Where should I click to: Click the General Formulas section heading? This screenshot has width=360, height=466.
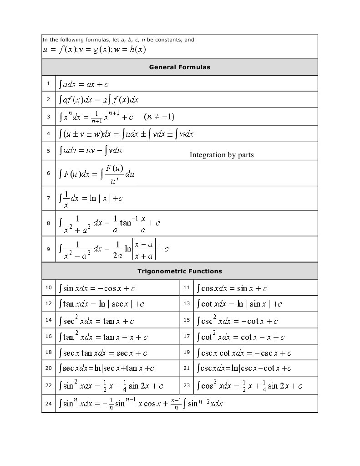pyautogui.click(x=179, y=67)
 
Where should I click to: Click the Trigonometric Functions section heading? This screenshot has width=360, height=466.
pyautogui.click(x=179, y=271)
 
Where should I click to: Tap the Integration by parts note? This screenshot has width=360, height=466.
pyautogui.click(x=222, y=155)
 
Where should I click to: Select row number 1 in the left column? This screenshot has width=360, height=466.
pyautogui.click(x=48, y=83)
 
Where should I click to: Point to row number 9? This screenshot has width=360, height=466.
pyautogui.click(x=48, y=249)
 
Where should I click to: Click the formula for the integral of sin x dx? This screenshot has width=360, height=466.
pyautogui.click(x=97, y=288)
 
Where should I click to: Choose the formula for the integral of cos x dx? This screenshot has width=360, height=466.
pyautogui.click(x=232, y=288)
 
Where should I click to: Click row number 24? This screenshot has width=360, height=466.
pyautogui.click(x=48, y=403)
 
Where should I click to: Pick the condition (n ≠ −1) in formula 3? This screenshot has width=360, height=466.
pyautogui.click(x=159, y=117)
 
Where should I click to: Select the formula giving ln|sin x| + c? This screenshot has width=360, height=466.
pyautogui.click(x=239, y=304)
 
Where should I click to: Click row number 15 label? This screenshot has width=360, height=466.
pyautogui.click(x=187, y=320)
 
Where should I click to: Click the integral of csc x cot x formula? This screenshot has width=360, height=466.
pyautogui.click(x=244, y=353)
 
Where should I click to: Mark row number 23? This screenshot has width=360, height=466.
pyautogui.click(x=187, y=385)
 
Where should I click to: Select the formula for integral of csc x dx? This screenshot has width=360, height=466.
pyautogui.click(x=244, y=368)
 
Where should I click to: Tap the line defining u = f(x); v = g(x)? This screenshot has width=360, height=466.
pyautogui.click(x=94, y=50)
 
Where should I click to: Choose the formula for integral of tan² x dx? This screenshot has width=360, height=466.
pyautogui.click(x=103, y=337)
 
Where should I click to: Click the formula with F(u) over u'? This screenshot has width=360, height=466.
pyautogui.click(x=96, y=174)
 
